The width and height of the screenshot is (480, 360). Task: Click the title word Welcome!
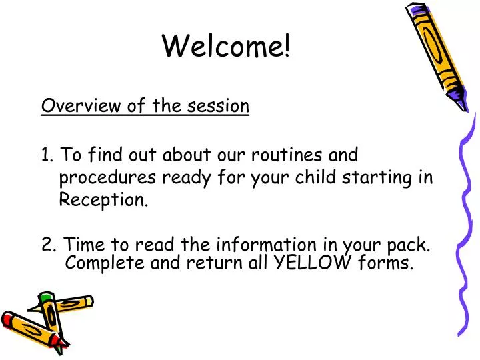pos(226,46)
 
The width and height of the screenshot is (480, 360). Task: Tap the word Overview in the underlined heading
pos(81,105)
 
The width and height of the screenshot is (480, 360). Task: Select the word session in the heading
pos(218,106)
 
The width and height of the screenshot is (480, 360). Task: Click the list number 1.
pos(47,154)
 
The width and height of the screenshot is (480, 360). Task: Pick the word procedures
pos(107,178)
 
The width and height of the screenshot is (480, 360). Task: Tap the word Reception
pos(103,200)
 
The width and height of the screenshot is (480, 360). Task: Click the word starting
pos(377,178)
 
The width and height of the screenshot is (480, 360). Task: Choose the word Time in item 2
pos(84,244)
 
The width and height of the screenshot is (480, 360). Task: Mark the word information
pos(266,244)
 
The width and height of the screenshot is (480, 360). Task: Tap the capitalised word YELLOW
pos(312,263)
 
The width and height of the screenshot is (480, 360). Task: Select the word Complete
pos(105,263)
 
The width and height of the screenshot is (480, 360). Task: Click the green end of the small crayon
pos(46,296)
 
